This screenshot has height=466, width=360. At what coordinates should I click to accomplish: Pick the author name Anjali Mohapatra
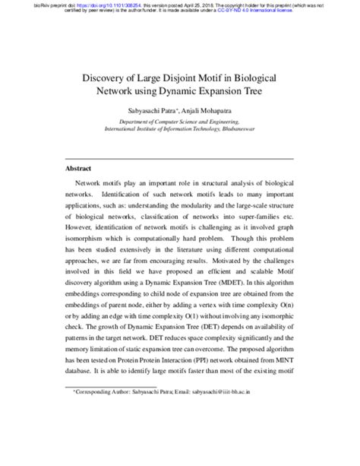[207, 112]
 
